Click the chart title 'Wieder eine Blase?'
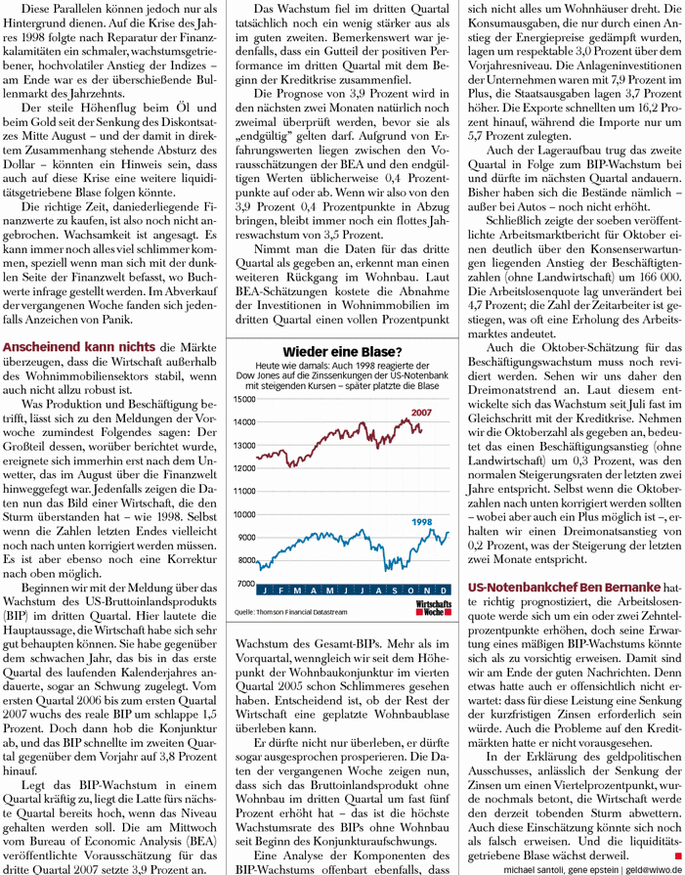(x=340, y=352)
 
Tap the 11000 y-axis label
(x=241, y=491)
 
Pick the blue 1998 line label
(x=422, y=523)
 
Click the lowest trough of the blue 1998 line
(x=387, y=569)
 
